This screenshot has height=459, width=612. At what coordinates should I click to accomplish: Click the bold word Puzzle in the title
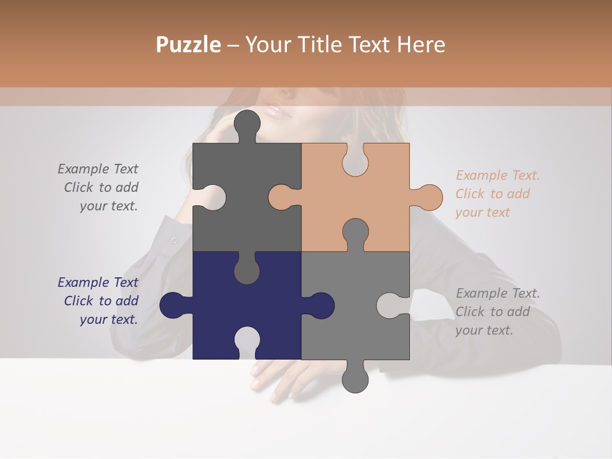[x=188, y=45]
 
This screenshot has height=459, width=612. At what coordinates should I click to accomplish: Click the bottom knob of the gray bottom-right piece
[x=355, y=379]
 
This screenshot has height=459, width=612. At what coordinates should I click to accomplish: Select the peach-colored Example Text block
[x=497, y=194]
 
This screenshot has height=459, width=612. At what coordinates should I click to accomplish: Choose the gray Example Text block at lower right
[x=497, y=312]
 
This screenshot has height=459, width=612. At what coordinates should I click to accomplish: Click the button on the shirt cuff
[x=173, y=240]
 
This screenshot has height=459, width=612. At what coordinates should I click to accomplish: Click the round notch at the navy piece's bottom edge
[x=247, y=341]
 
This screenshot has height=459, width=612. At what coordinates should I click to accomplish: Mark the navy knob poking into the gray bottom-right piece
[x=320, y=305]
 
